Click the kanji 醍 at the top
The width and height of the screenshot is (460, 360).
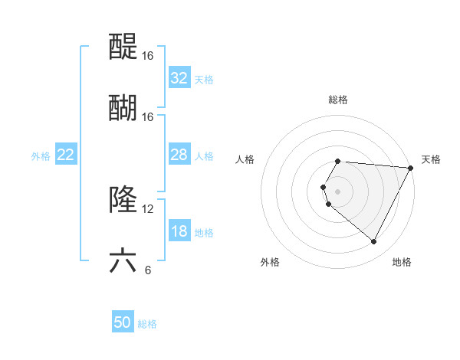click(123, 47)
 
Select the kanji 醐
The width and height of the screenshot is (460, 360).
click(123, 107)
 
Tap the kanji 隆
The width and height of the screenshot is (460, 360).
click(123, 200)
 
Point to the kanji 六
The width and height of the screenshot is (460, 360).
click(123, 260)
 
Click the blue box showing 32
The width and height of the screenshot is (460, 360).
click(179, 78)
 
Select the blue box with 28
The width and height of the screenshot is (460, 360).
click(179, 155)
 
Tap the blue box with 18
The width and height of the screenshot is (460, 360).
click(179, 232)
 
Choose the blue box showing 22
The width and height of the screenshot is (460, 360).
click(66, 155)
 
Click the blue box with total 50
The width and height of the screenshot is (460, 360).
click(123, 323)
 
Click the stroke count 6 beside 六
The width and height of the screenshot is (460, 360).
click(148, 270)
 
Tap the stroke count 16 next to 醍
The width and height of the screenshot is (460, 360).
click(148, 56)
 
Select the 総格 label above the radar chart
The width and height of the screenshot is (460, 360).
click(338, 100)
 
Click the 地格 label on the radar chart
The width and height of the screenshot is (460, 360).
click(402, 262)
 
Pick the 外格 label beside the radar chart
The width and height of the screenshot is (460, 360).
click(270, 262)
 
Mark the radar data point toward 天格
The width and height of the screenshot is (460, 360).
click(410, 168)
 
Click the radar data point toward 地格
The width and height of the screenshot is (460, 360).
click(374, 242)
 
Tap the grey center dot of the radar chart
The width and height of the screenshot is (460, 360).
click(338, 191)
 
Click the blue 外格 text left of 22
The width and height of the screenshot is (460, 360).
click(41, 155)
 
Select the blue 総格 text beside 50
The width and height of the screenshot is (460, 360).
click(147, 324)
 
